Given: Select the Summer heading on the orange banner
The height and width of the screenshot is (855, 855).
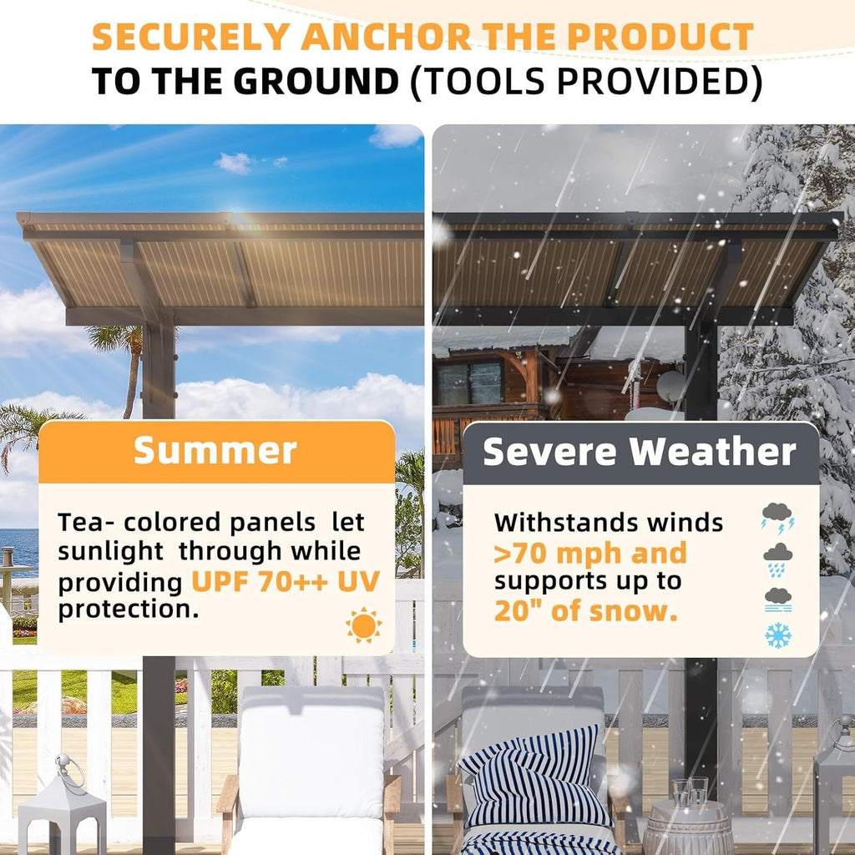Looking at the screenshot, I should tap(215, 451).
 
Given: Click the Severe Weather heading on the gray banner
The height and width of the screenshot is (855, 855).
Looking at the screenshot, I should tap(640, 453).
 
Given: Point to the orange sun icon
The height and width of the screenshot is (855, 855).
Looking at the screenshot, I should tap(363, 625).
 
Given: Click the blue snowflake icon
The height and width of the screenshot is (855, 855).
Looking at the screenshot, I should tap(778, 637).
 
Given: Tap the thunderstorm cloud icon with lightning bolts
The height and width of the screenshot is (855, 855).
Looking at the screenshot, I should tap(777, 518).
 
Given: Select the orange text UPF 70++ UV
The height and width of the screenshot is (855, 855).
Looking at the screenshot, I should tap(286, 580).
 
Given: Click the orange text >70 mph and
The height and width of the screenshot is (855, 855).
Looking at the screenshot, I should tap(590, 553).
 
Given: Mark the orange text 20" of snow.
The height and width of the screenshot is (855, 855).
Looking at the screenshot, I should tap(584, 610).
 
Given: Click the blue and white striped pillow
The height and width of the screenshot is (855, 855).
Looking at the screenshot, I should tap(534, 777).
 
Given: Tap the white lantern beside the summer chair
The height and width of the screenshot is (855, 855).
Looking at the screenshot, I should tap(63, 806).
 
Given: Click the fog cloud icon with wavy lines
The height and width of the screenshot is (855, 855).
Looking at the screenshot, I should tap(778, 599).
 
